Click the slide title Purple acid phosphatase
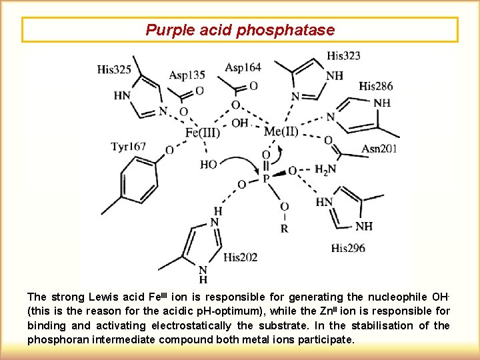[x=240, y=30]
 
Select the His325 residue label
[x=115, y=69]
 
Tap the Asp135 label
[x=187, y=75]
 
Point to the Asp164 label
[x=243, y=67]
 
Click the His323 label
[x=344, y=55]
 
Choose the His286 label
[x=376, y=85]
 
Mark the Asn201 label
[x=379, y=148]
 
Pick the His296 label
[x=348, y=249]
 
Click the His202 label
[x=241, y=257]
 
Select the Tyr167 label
[x=129, y=147]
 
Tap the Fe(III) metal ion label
[x=203, y=132]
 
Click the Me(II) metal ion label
[x=281, y=131]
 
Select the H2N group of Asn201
[x=324, y=170]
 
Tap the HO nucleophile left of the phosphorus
[x=209, y=164]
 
